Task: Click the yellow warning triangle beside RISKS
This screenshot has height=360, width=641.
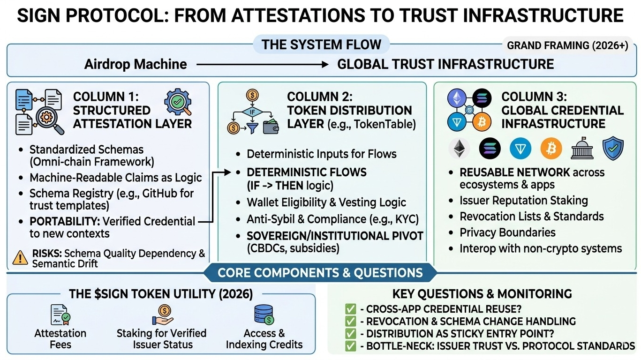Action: pyautogui.click(x=20, y=257)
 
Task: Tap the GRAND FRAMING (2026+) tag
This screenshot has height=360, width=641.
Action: pyautogui.click(x=567, y=46)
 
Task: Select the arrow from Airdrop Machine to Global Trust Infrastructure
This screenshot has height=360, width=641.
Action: pyautogui.click(x=262, y=64)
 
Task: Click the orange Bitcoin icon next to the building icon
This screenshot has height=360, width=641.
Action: pyautogui.click(x=551, y=149)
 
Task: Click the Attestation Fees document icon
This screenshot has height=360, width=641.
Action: pyautogui.click(x=60, y=315)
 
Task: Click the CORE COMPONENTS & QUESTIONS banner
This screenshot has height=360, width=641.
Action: pyautogui.click(x=320, y=272)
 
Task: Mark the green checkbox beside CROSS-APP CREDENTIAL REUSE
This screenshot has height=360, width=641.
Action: pyautogui.click(x=350, y=309)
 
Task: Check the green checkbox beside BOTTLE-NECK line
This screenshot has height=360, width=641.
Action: pyautogui.click(x=350, y=346)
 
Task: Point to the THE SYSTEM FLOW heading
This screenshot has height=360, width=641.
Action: pyautogui.click(x=321, y=45)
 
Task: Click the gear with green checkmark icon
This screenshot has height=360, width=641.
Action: pyautogui.click(x=178, y=103)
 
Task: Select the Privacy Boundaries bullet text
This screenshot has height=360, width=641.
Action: pyautogui.click(x=507, y=232)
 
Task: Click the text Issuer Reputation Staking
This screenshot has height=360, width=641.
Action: pyautogui.click(x=523, y=201)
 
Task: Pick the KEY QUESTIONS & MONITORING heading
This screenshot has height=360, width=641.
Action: pyautogui.click(x=482, y=294)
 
